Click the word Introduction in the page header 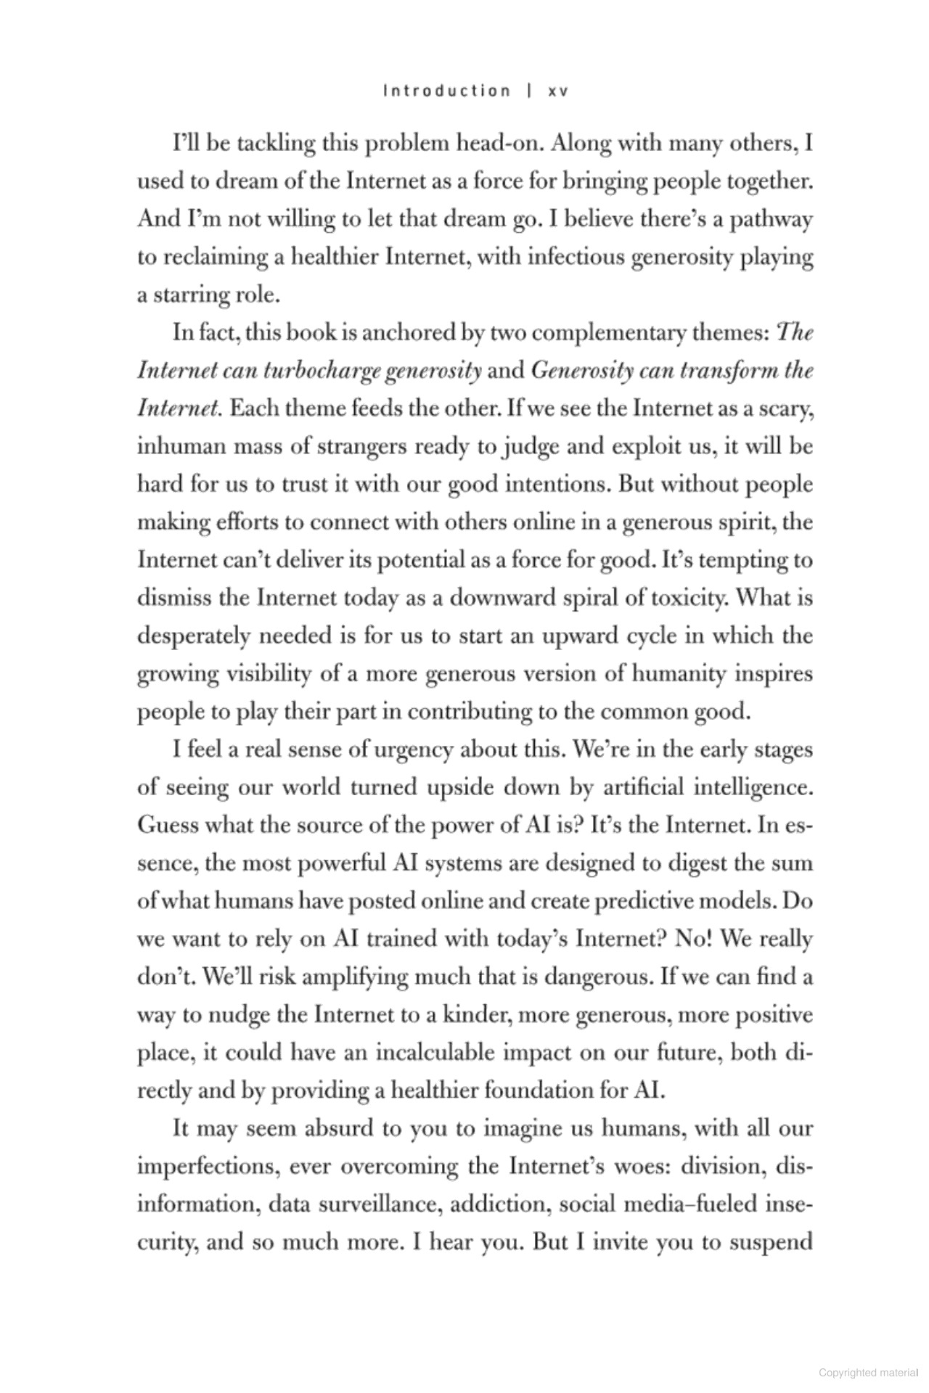click(x=446, y=91)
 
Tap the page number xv click(x=557, y=91)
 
